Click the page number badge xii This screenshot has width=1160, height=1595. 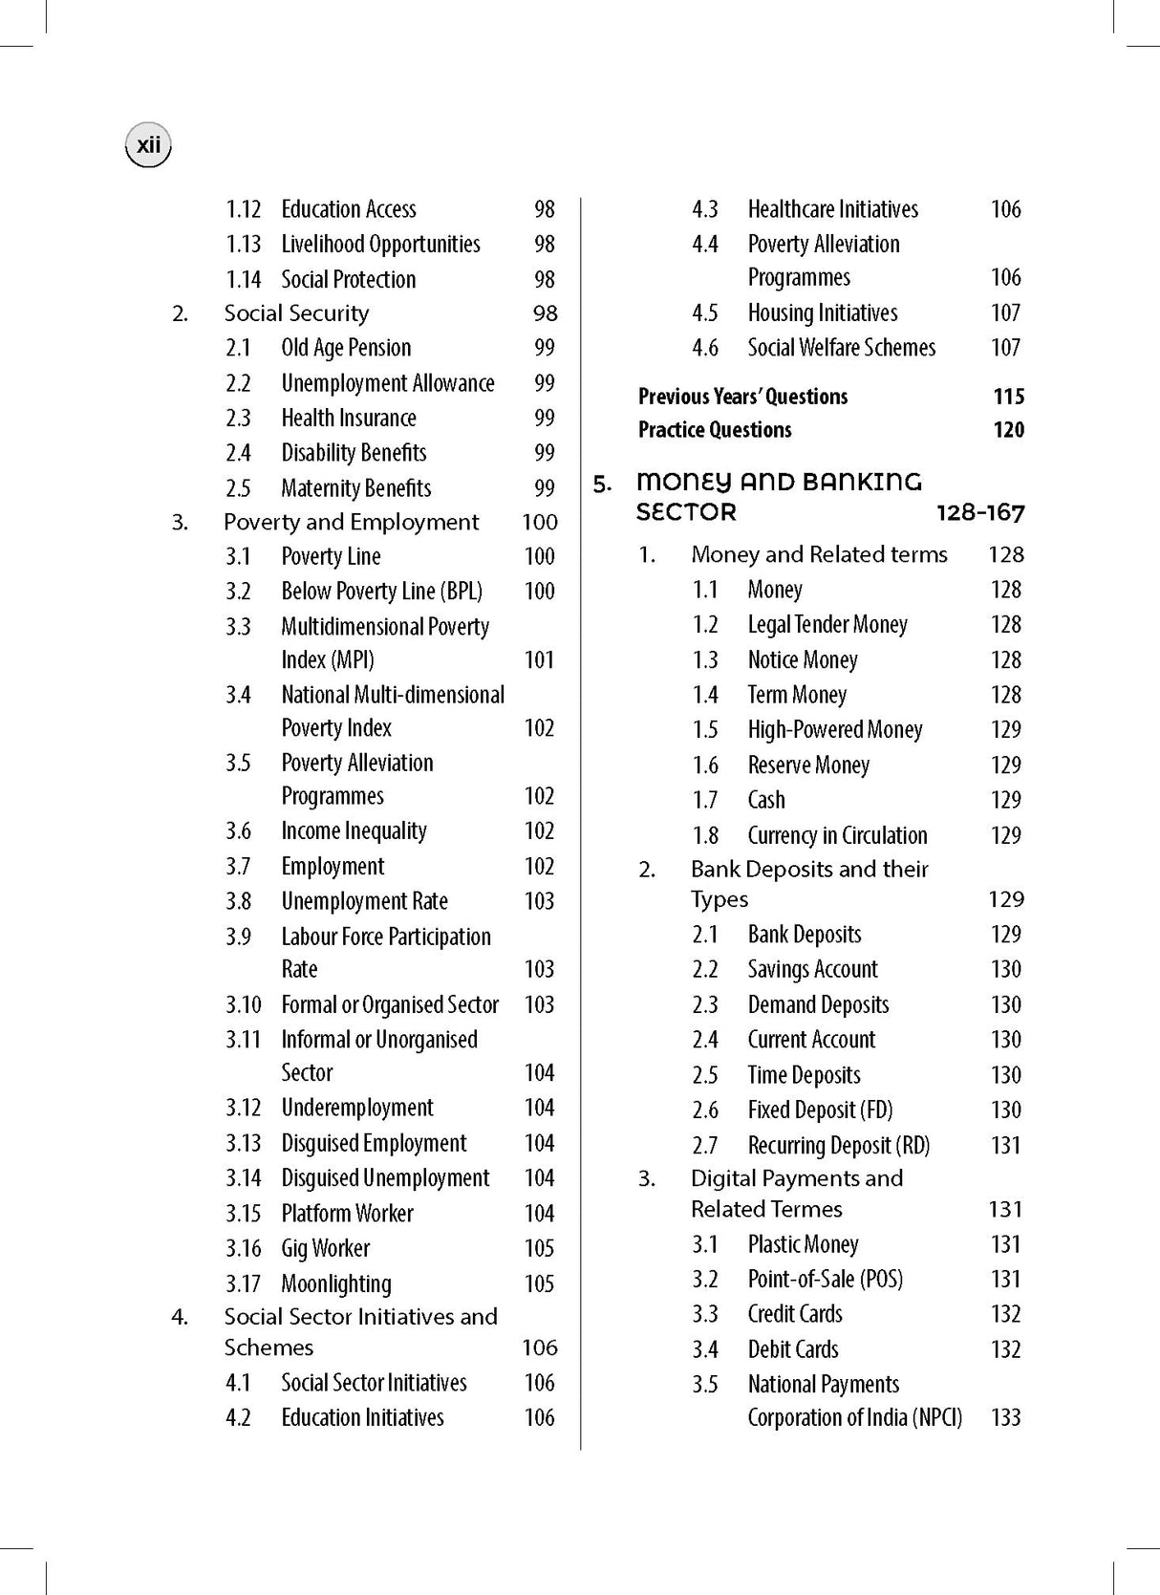click(148, 146)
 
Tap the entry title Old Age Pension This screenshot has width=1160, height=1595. click(346, 348)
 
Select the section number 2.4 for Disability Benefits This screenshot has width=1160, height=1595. click(238, 453)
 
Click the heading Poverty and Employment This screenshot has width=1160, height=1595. click(351, 522)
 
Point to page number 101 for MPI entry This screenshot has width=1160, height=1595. click(539, 659)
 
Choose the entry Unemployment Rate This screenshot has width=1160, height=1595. click(364, 901)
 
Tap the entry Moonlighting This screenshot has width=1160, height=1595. click(336, 1283)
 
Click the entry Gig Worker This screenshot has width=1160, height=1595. click(325, 1248)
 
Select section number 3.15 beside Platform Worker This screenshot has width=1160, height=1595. click(243, 1214)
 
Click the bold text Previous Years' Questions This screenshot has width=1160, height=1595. click(742, 397)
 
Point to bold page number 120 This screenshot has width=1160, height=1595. click(1008, 430)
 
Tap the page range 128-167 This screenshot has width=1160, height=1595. click(980, 513)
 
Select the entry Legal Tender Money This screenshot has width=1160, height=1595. click(827, 625)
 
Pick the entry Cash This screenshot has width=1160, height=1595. click(766, 800)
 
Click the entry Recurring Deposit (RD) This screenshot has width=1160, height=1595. click(838, 1145)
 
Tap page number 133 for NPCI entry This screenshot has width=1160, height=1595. click(1006, 1417)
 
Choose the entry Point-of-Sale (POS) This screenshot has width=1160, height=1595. click(825, 1279)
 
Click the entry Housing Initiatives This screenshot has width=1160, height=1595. click(823, 313)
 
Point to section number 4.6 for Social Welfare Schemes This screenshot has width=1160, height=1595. click(705, 348)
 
